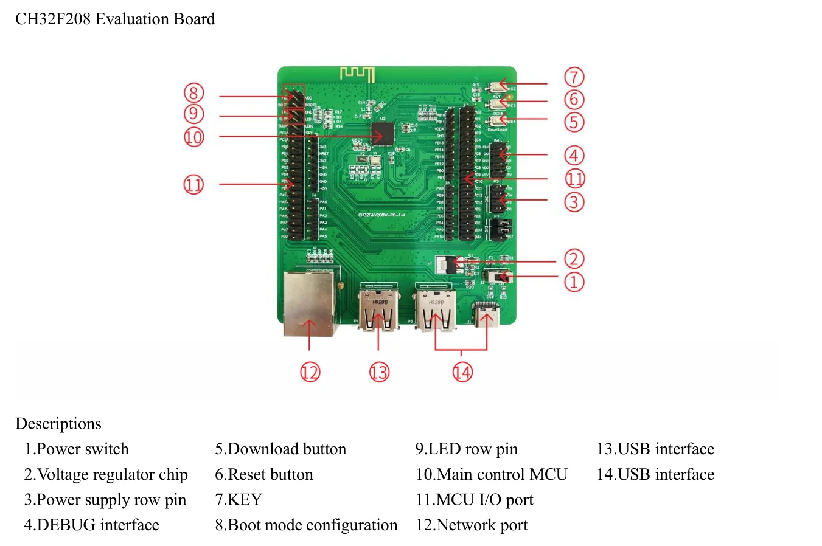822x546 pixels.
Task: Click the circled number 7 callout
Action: click(574, 78)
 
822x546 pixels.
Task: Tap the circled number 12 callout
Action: click(310, 372)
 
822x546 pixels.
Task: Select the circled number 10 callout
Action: click(193, 137)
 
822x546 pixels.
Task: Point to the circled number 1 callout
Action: click(574, 282)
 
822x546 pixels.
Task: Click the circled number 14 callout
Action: click(462, 372)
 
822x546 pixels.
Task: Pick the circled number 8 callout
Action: click(193, 93)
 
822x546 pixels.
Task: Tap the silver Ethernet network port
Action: click(310, 303)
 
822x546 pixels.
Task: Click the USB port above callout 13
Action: click(378, 309)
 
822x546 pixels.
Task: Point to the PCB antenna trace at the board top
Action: click(357, 74)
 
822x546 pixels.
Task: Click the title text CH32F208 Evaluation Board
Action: click(115, 19)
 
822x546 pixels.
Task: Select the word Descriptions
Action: click(58, 424)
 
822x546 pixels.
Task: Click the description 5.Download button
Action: click(280, 449)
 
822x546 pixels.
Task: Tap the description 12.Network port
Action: click(472, 525)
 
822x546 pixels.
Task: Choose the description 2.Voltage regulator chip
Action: click(106, 475)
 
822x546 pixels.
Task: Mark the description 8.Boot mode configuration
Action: click(306, 525)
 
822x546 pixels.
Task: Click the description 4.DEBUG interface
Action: click(91, 525)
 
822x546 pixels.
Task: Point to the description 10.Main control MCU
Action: click(492, 475)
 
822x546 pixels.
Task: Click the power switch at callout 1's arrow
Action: click(501, 277)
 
